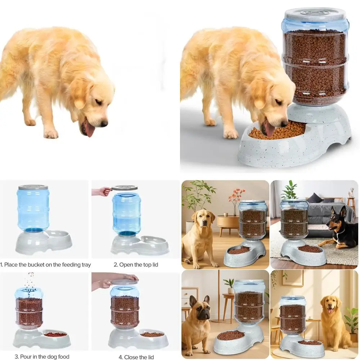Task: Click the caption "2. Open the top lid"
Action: click(x=136, y=265)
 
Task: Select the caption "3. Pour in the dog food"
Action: click(x=42, y=357)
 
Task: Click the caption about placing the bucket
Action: click(x=45, y=265)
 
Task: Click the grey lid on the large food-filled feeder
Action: click(x=315, y=14)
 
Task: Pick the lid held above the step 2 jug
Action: click(x=124, y=188)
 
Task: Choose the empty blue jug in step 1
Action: click(x=33, y=209)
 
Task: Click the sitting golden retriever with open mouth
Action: click(x=333, y=317)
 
